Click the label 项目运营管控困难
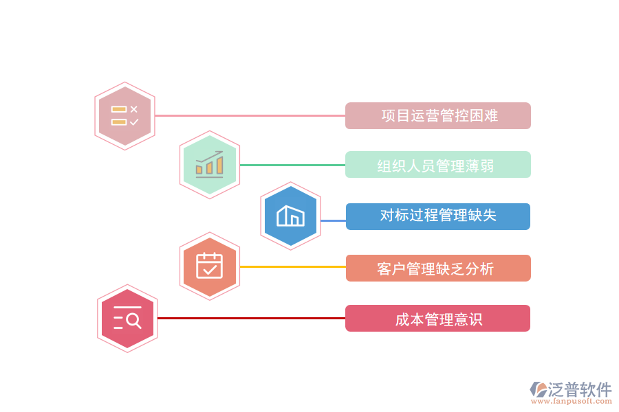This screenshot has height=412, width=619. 437,116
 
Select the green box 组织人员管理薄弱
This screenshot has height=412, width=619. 437,165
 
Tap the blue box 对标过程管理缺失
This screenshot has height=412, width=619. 437,216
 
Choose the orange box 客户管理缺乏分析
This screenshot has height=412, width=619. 437,268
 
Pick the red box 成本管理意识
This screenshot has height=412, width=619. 437,319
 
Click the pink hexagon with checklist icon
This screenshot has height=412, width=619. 124,116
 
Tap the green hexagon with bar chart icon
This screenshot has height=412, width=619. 210,165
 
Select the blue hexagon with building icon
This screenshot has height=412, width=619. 291,216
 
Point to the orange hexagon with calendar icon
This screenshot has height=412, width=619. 210,266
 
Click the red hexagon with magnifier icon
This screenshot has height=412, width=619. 127,319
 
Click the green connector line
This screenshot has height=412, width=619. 292,165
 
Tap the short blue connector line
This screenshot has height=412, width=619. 333,220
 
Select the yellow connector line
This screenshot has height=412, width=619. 292,266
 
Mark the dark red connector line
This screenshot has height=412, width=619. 251,318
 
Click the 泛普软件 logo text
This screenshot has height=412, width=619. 580,390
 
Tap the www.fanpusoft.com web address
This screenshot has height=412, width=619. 574,402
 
